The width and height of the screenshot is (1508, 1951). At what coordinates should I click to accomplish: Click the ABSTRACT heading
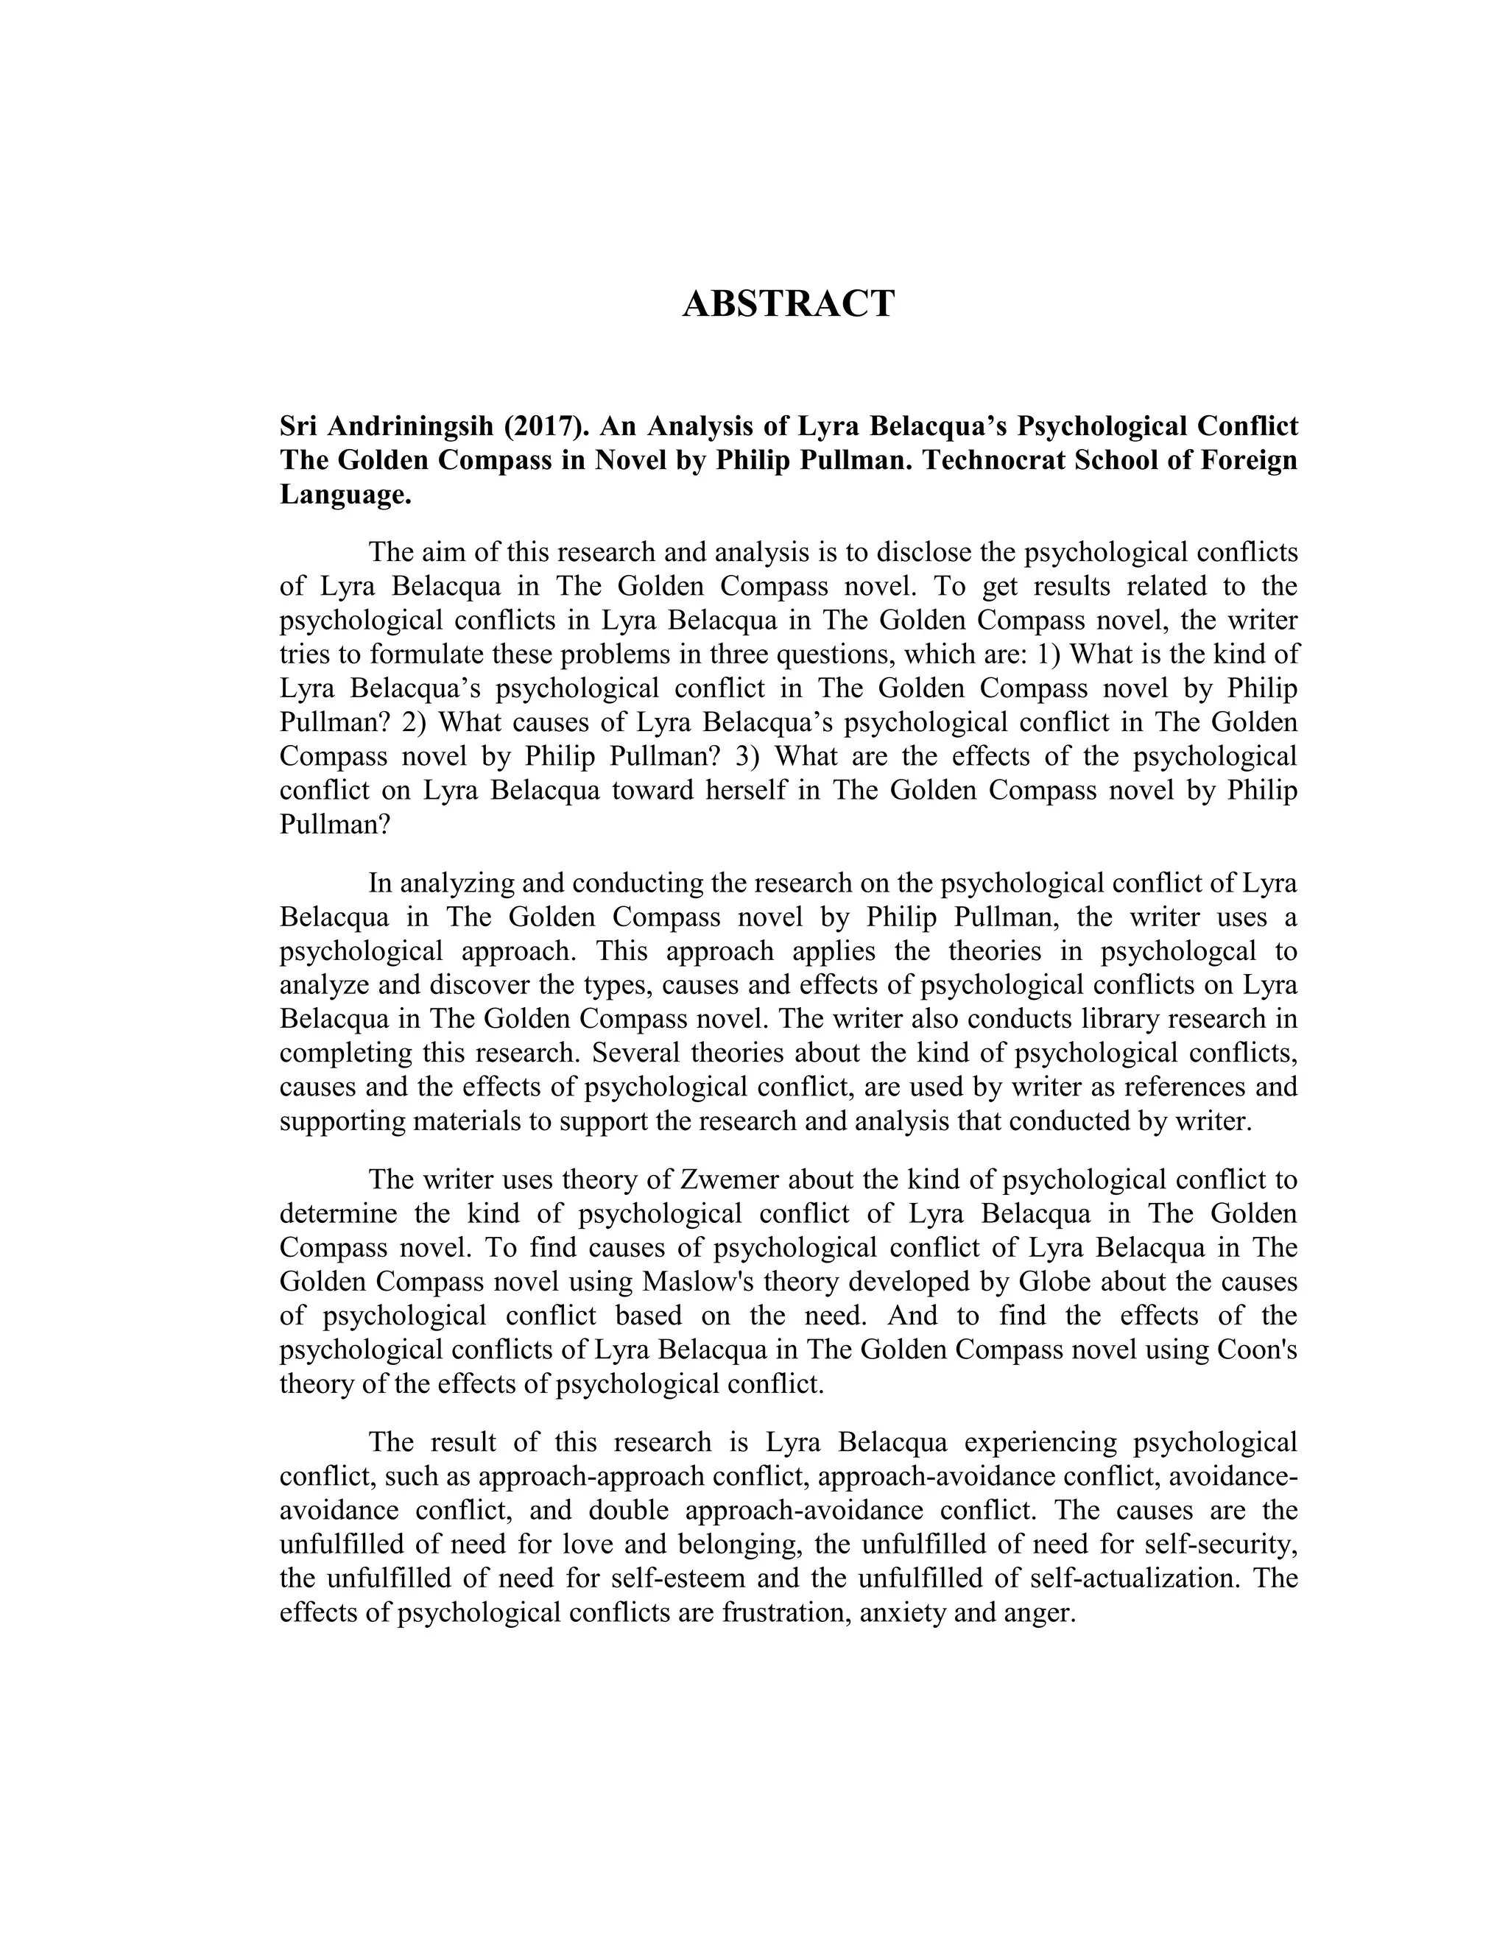tap(788, 305)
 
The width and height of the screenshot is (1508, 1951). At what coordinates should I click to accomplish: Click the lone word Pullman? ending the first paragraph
tap(335, 824)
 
